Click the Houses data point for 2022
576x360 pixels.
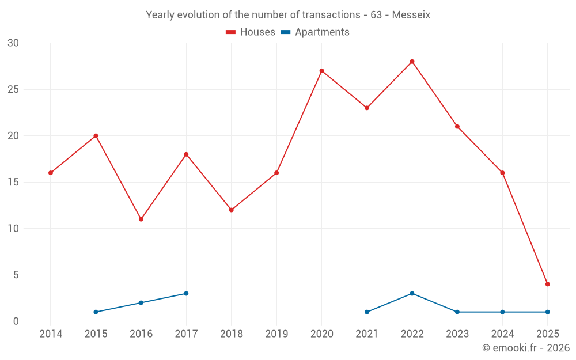[x=412, y=62]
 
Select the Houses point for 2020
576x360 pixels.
[x=321, y=71]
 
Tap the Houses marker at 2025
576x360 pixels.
[x=547, y=284]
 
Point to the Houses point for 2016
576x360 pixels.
[x=141, y=219]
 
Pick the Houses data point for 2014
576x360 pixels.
[x=51, y=173]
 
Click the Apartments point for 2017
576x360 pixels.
[x=186, y=293]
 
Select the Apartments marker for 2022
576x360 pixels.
[x=412, y=293]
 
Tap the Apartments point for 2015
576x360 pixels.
[x=96, y=312]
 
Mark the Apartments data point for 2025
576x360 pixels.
[x=547, y=312]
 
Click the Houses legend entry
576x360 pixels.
[x=251, y=32]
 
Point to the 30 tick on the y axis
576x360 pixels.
[x=13, y=43]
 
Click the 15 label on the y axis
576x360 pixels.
[x=13, y=182]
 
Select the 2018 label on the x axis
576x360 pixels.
[x=231, y=334]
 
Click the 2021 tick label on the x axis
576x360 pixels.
[x=367, y=334]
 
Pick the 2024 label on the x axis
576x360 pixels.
[x=502, y=334]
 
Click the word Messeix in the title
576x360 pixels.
[x=411, y=15]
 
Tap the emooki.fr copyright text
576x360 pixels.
[x=525, y=348]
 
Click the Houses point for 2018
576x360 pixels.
[x=231, y=210]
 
